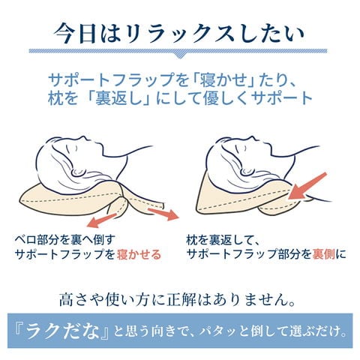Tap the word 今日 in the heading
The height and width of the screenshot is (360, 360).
(x=76, y=34)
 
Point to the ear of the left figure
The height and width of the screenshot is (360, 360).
(x=78, y=172)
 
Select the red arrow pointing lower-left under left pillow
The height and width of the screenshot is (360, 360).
(x=101, y=220)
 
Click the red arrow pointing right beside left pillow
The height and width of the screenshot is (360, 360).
(x=164, y=214)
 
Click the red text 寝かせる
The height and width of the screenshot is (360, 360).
(x=139, y=254)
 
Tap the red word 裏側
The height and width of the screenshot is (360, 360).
(x=324, y=254)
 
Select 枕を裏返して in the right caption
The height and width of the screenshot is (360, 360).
(x=219, y=240)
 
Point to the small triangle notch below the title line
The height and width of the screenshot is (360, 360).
(x=178, y=55)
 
